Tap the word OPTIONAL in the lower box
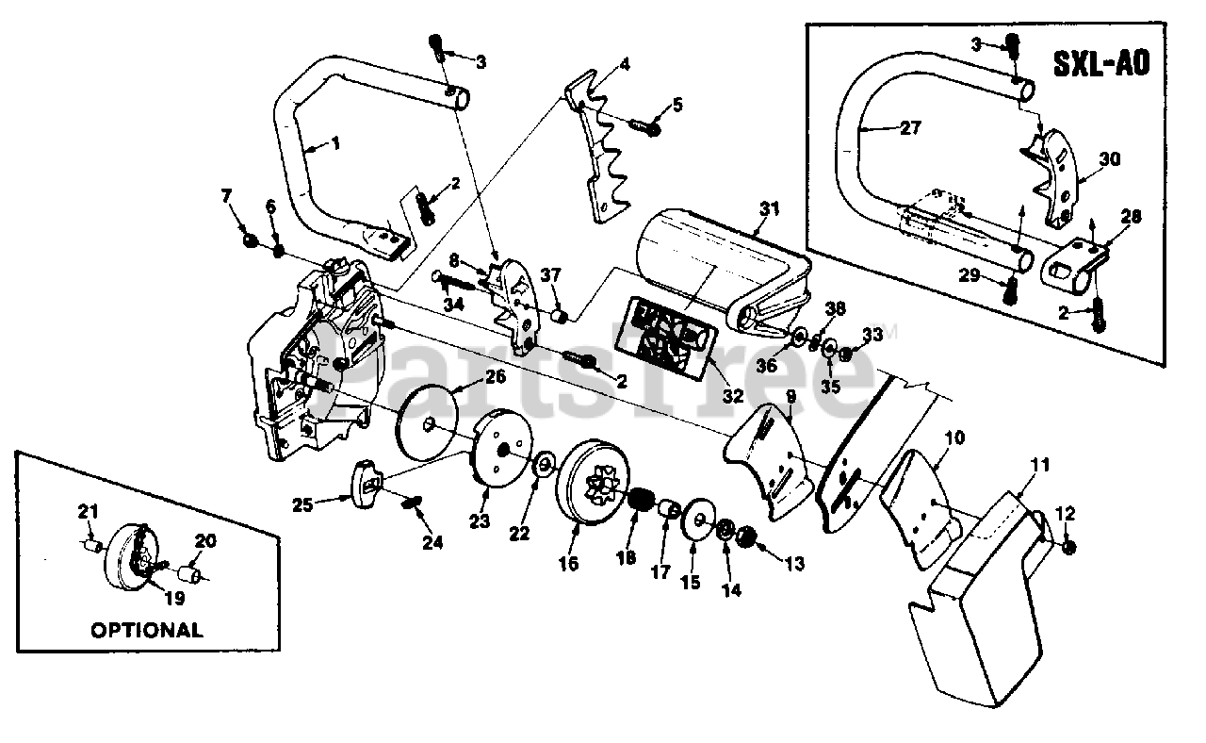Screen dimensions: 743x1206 pyautogui.click(x=146, y=630)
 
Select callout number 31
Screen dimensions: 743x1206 pyautogui.click(x=770, y=208)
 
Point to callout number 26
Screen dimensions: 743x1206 pyautogui.click(x=496, y=376)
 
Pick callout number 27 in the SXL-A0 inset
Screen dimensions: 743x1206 pyautogui.click(x=911, y=128)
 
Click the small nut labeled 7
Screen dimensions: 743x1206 pyautogui.click(x=251, y=240)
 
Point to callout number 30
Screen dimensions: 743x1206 pyautogui.click(x=1110, y=159)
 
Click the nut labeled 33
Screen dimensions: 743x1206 pyautogui.click(x=845, y=355)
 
